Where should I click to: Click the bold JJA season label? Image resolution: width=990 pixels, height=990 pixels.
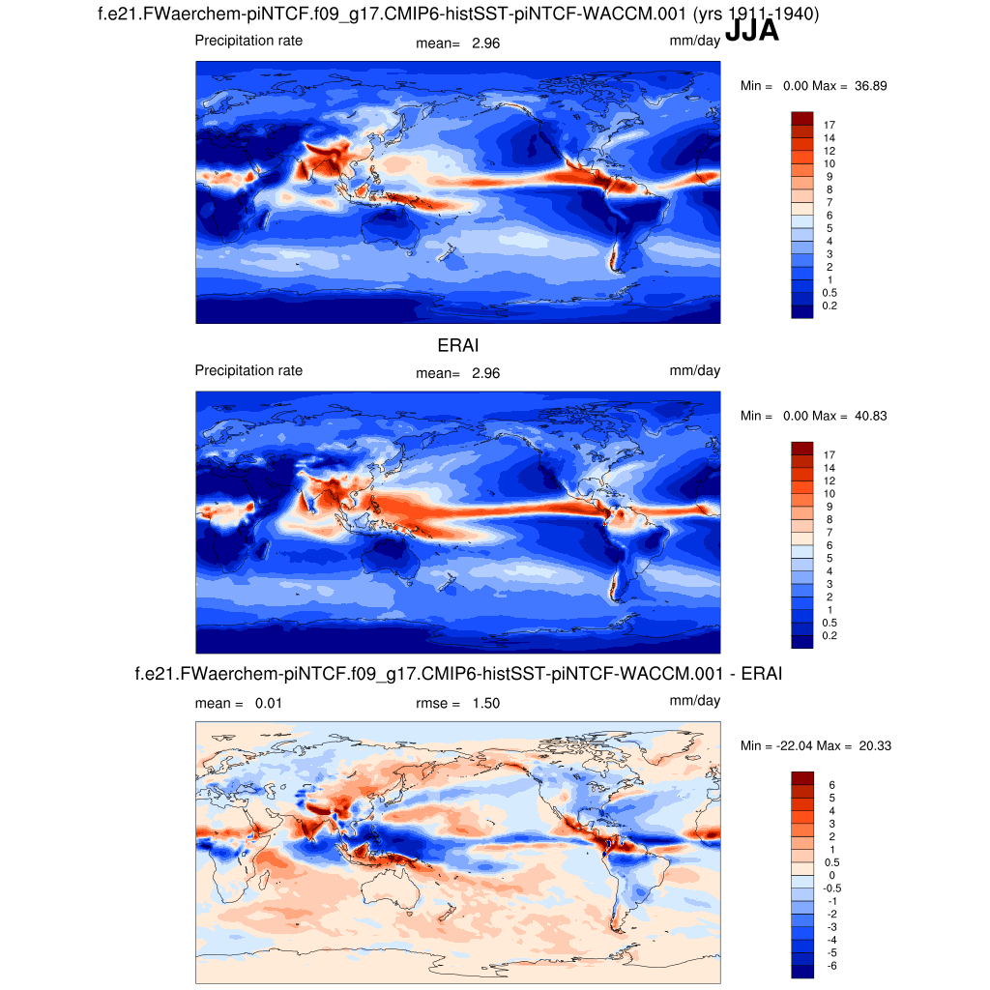(x=751, y=31)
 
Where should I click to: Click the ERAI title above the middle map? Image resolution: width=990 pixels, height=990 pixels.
(x=458, y=345)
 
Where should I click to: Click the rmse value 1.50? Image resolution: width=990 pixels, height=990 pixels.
(x=486, y=703)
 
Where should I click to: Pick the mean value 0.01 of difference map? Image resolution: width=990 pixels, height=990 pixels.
(x=270, y=703)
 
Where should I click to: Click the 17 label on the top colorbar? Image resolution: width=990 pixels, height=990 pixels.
(x=829, y=126)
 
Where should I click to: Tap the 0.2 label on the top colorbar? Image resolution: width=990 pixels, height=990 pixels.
(x=829, y=306)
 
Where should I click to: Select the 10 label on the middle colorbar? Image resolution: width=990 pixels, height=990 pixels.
(x=829, y=494)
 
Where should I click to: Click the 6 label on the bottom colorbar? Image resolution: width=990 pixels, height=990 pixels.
(x=830, y=785)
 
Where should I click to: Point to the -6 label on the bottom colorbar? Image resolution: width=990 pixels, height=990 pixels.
(x=829, y=966)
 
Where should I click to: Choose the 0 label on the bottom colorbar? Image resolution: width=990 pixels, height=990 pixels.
(x=830, y=875)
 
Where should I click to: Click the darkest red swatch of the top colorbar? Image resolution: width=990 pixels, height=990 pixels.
(x=802, y=118)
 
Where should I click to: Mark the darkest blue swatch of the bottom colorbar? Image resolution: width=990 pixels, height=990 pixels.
(x=802, y=971)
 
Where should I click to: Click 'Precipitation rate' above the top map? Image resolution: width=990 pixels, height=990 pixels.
(x=248, y=41)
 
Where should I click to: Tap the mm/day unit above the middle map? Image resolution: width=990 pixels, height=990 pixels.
(x=694, y=370)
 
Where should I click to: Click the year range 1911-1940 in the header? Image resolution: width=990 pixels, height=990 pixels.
(x=767, y=15)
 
